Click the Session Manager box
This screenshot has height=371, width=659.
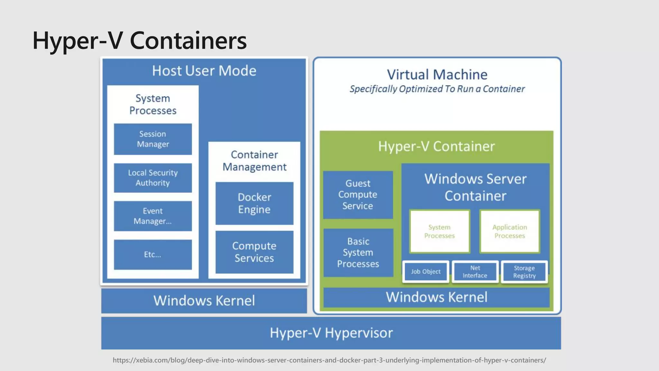(153, 139)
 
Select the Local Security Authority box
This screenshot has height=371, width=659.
(153, 178)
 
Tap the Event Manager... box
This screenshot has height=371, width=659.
(153, 216)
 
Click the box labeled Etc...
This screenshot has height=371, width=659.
(153, 254)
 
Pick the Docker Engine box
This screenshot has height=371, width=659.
(254, 203)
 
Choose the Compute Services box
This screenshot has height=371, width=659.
(254, 252)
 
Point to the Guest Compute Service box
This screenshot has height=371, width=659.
(358, 195)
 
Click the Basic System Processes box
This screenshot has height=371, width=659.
(358, 252)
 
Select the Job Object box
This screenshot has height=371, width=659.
(426, 272)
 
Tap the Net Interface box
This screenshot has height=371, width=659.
(475, 272)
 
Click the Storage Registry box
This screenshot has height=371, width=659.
(524, 272)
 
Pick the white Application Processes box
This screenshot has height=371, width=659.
(510, 231)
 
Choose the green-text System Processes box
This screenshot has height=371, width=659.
(440, 231)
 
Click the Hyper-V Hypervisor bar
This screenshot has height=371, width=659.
(331, 333)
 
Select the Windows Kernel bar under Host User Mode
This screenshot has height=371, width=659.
(204, 301)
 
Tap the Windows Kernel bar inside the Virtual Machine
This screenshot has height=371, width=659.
(436, 297)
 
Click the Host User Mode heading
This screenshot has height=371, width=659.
(204, 71)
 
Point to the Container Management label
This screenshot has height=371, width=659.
(254, 161)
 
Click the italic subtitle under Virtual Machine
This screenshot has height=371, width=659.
(437, 89)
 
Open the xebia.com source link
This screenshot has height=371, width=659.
(329, 360)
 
